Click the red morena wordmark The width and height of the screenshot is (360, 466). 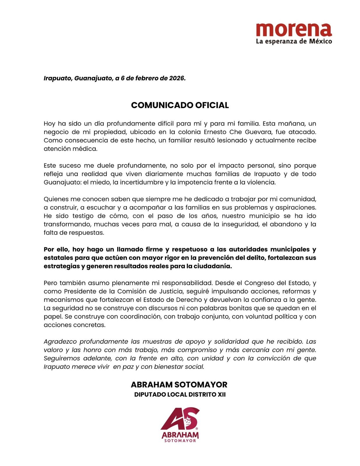tap(294, 30)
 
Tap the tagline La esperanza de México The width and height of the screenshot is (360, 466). tap(294, 41)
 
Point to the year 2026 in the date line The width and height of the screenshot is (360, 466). tap(177, 78)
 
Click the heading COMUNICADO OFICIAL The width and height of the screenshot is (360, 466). tap(180, 105)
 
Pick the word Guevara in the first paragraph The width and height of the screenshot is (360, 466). tap(258, 132)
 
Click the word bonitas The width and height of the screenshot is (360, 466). tap(227, 308)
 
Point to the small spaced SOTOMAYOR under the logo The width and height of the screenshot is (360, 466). tap(180, 441)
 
